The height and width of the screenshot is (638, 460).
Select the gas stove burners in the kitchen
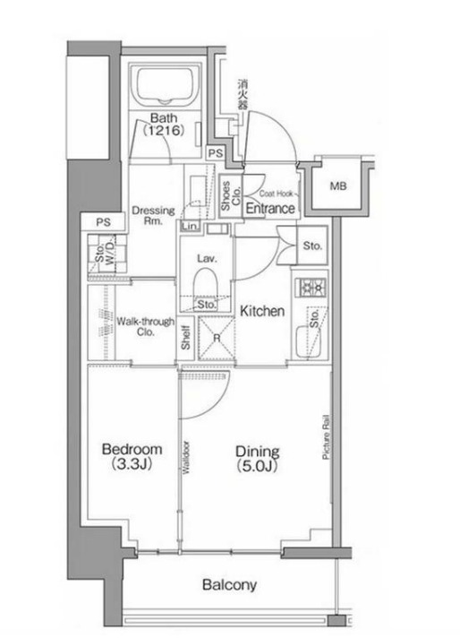311,288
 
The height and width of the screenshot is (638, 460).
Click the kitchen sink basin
307,341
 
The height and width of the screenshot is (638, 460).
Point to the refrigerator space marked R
217,338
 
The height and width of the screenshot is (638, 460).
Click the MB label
338,186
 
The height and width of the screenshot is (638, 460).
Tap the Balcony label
230,585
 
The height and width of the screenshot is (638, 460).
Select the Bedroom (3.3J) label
132,456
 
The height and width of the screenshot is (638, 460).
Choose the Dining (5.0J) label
257,459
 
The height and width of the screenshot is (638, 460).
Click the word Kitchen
262,311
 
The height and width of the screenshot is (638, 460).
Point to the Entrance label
270,208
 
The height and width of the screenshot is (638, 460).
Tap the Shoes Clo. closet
230,196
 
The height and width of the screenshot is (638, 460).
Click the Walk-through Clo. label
146,326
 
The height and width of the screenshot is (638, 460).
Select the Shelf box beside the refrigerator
186,338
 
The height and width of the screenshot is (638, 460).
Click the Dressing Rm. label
153,216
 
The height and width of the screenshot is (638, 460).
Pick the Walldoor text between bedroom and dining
186,458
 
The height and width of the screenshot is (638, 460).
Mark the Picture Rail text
326,437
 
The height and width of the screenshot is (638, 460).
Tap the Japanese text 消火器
243,94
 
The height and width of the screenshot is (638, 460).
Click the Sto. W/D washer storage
106,253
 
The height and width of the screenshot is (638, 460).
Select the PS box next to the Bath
216,153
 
